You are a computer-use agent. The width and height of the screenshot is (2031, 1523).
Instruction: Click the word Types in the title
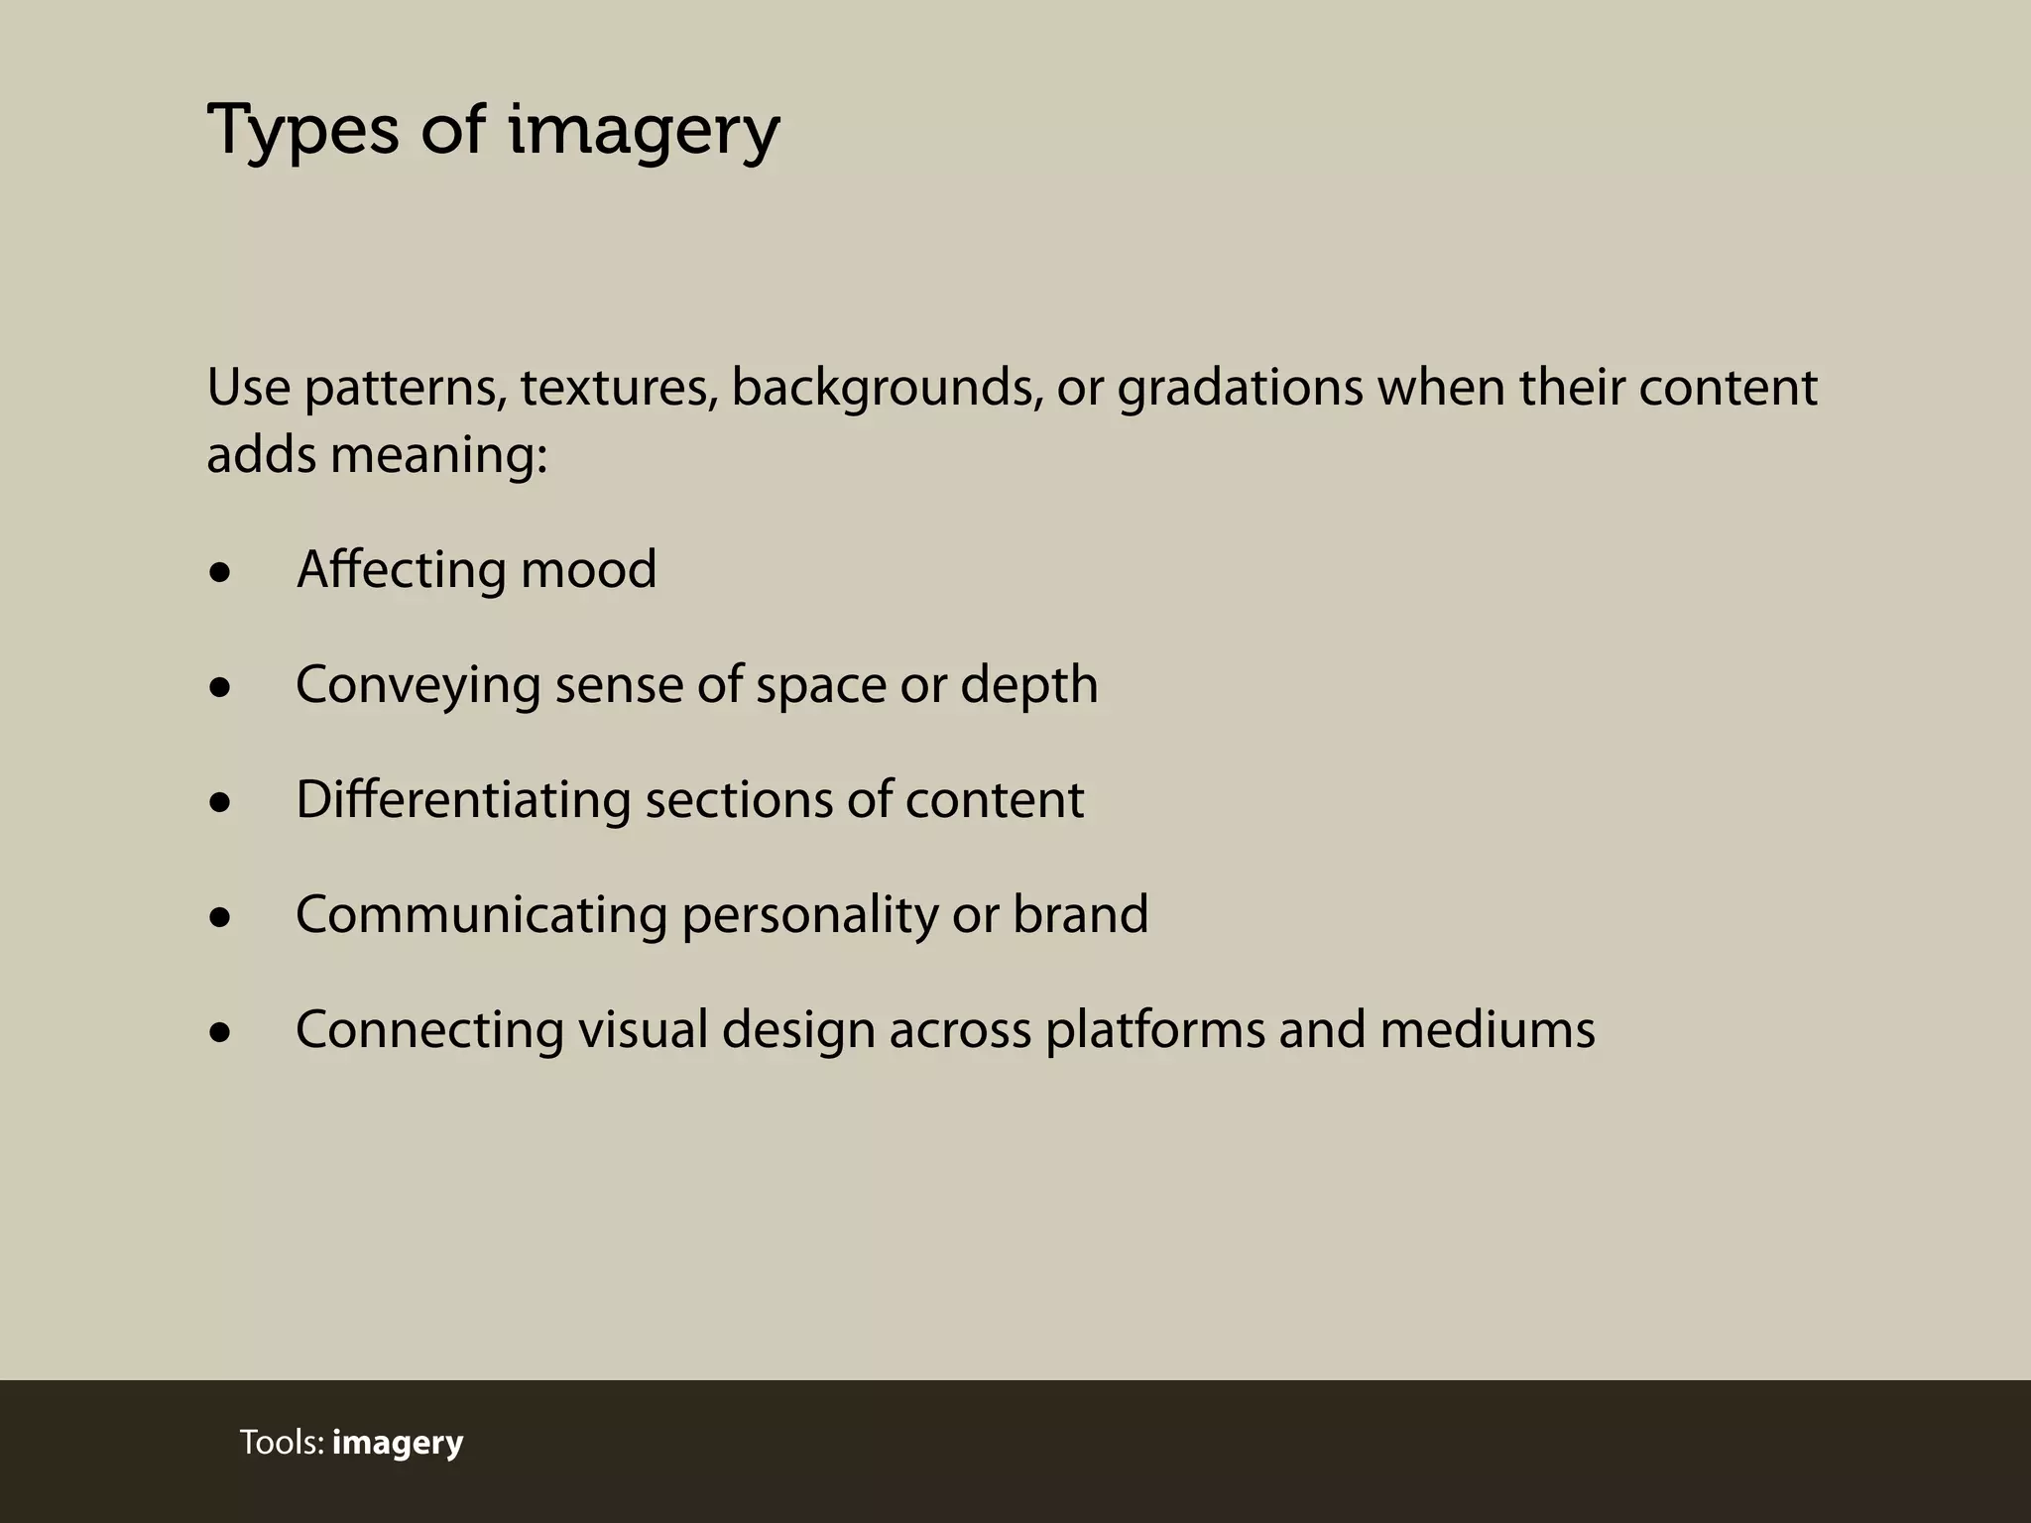tap(301, 132)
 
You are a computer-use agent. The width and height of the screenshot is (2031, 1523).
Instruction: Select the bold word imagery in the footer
tap(398, 1443)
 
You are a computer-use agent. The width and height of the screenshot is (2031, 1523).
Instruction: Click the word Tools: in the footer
tap(283, 1443)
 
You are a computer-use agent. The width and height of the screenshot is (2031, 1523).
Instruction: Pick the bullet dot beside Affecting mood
tap(220, 572)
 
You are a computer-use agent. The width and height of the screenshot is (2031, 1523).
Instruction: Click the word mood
tap(588, 570)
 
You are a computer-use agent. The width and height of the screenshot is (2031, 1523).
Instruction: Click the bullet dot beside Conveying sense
tap(220, 687)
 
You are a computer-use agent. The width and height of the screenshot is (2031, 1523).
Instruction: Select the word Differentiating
tap(463, 800)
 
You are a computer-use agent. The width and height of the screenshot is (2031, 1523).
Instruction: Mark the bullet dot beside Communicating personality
tap(220, 917)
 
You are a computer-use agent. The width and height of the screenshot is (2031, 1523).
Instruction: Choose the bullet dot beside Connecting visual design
tap(220, 1032)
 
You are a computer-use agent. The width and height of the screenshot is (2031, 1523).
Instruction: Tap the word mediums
tap(1488, 1029)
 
